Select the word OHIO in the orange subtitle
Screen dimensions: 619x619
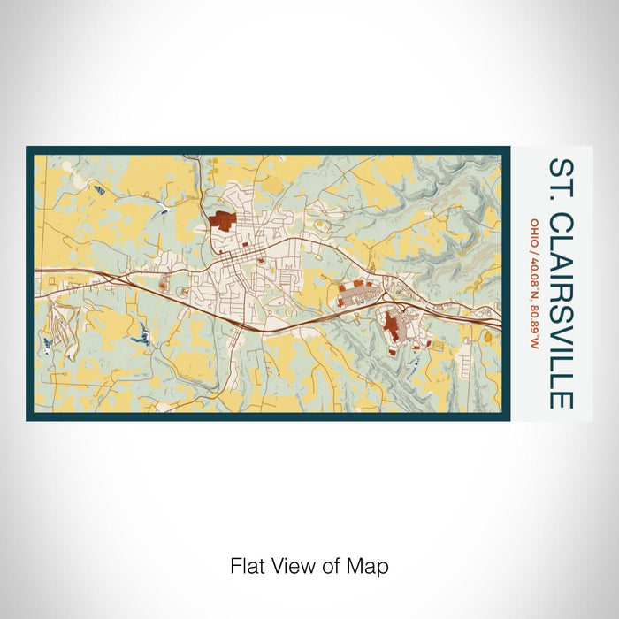(x=533, y=232)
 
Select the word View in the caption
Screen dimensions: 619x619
(x=294, y=566)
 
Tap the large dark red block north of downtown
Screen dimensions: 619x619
(x=223, y=220)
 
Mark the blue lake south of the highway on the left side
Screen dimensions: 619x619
(x=139, y=337)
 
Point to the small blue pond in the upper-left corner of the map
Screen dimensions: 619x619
(x=100, y=190)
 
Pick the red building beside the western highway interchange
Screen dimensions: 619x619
(x=164, y=285)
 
